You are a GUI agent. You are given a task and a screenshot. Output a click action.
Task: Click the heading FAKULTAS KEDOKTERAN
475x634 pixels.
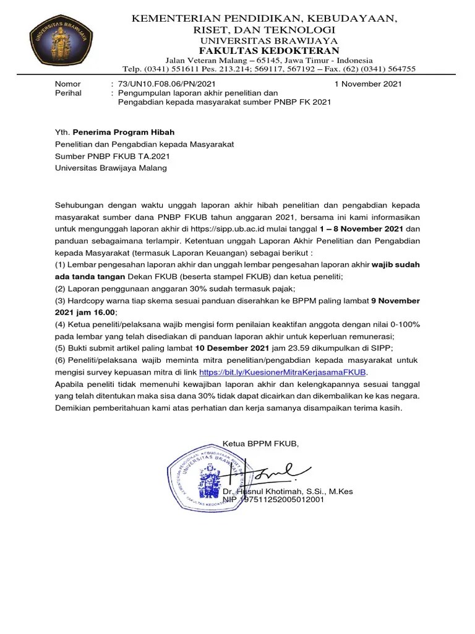click(269, 50)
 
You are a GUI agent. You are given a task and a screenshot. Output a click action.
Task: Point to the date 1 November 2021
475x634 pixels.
click(368, 84)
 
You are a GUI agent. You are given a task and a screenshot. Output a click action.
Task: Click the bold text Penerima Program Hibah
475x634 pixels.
click(124, 132)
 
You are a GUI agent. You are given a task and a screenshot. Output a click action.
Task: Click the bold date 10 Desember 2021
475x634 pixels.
click(231, 349)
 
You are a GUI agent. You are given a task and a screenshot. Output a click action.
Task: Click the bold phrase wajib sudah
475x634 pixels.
click(395, 264)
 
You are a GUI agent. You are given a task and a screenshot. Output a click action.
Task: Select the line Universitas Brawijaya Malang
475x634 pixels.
click(110, 167)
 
